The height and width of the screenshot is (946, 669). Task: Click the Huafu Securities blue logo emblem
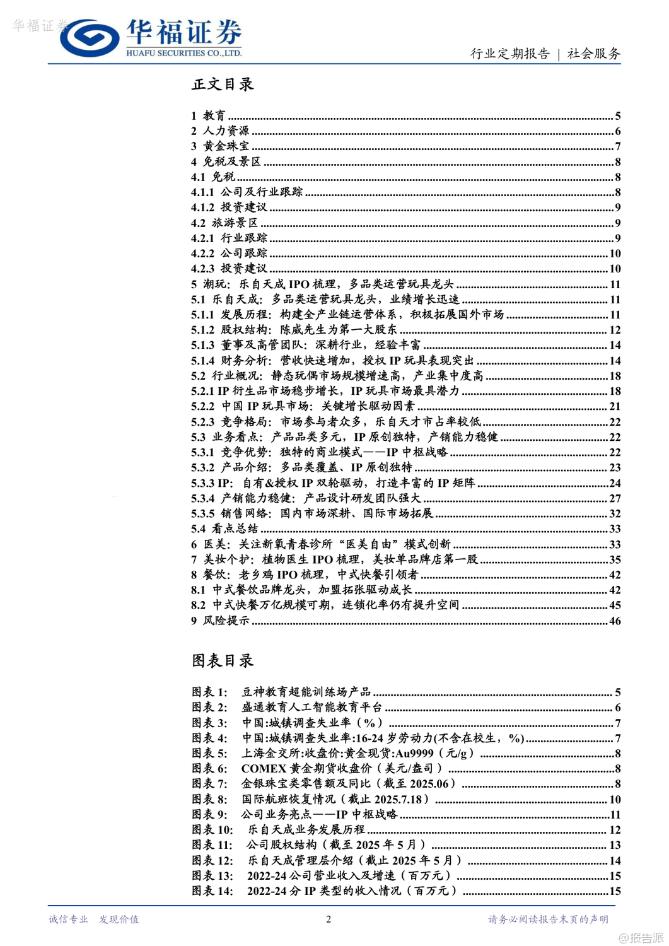pos(90,38)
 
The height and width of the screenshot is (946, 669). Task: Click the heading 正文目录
pos(223,84)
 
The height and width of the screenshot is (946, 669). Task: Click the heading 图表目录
pos(223,660)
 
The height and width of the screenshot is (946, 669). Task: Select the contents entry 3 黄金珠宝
pos(220,146)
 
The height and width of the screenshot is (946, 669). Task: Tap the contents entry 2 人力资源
pos(220,131)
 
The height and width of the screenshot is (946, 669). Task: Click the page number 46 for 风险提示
pos(615,621)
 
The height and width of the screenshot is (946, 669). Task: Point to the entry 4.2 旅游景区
pos(224,223)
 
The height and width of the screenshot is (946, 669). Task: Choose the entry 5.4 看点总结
pos(224,528)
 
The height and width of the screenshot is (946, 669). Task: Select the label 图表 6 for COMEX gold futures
pos(209,768)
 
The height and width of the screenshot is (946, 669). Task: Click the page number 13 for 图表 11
pos(615,845)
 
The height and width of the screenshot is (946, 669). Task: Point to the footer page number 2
pos(328,919)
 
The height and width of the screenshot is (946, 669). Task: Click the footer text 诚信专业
pos(68,919)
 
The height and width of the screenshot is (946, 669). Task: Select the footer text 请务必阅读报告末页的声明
pos(548,919)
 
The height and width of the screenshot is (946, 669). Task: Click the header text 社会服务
pos(593,54)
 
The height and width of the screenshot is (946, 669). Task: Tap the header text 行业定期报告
pos(509,54)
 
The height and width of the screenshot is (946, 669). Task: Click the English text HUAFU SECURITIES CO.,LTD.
pos(183,53)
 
